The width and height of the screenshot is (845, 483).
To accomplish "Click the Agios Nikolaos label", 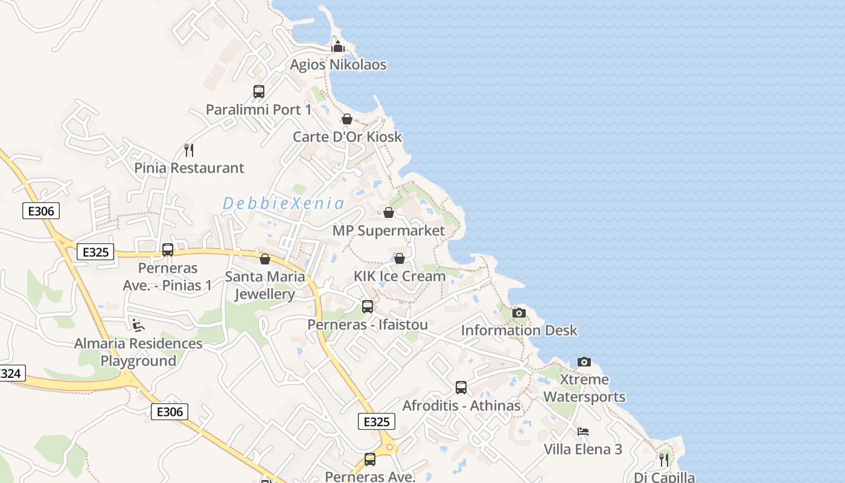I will (338, 65).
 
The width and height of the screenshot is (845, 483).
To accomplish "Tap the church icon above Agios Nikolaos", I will (338, 46).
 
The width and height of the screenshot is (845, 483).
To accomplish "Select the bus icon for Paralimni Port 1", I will (259, 92).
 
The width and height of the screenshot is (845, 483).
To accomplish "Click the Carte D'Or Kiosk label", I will (347, 137).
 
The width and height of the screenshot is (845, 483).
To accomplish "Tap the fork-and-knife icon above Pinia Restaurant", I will (189, 150).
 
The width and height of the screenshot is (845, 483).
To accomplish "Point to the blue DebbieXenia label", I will (283, 203).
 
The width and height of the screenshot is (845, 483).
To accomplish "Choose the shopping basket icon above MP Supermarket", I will (389, 213).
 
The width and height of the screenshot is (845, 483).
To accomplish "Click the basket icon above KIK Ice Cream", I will (400, 258).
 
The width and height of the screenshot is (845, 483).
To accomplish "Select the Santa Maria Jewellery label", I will (265, 286).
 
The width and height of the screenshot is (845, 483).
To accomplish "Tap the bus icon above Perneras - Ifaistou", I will (368, 307).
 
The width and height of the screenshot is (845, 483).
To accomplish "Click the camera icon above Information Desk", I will (519, 313).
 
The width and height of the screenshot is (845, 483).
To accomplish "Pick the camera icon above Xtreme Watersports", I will (584, 362).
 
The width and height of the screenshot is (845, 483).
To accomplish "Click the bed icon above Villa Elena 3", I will (583, 432).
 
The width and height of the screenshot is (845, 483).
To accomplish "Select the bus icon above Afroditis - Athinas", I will (461, 388).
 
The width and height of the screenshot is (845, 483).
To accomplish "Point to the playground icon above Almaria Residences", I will (138, 326).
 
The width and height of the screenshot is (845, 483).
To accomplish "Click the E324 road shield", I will (10, 374).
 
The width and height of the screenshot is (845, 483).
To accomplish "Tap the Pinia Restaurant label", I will (189, 168).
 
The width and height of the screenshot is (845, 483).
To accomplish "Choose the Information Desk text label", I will (519, 331).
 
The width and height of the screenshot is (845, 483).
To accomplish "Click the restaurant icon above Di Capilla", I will (664, 460).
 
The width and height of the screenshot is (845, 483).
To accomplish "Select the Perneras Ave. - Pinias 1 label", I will (168, 277).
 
